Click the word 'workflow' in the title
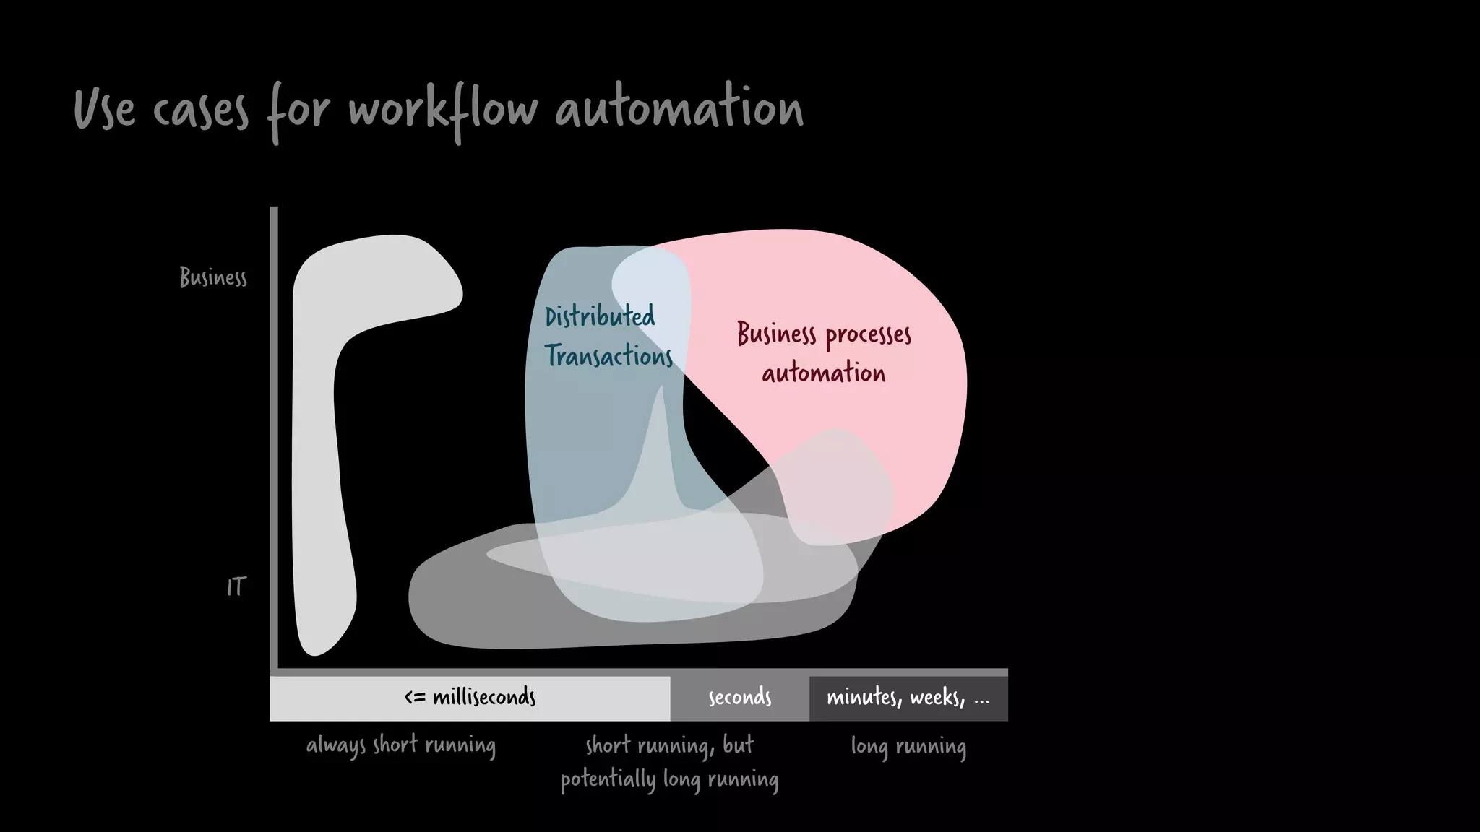click(443, 110)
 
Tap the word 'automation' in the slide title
click(679, 110)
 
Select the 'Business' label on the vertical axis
click(213, 277)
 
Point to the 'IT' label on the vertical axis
click(236, 587)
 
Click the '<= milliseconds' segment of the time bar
click(470, 698)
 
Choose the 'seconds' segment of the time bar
click(739, 698)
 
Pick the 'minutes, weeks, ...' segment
click(908, 698)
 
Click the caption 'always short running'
click(401, 745)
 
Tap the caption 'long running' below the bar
click(908, 746)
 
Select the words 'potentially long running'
click(669, 780)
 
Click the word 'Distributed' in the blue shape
click(599, 316)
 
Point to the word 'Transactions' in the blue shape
click(608, 356)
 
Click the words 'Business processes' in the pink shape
click(824, 334)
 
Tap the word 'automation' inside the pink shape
click(823, 373)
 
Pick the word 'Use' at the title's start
click(104, 110)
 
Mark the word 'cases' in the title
click(200, 111)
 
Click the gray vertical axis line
click(274, 433)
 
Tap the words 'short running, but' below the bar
click(669, 745)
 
